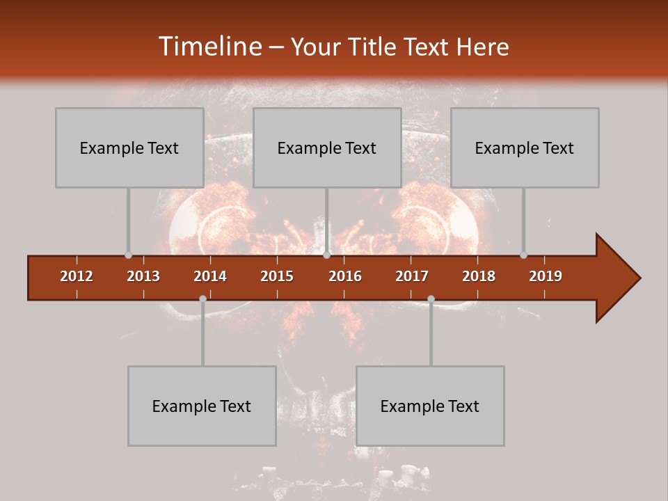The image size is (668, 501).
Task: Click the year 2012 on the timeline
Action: tap(77, 276)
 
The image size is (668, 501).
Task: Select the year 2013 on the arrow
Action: tap(143, 276)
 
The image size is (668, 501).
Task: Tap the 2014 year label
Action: tap(210, 276)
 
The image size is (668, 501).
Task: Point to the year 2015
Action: tap(277, 276)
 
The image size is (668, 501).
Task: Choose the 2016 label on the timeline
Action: tap(345, 276)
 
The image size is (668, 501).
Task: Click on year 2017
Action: tap(412, 276)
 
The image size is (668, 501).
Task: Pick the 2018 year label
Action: tap(479, 276)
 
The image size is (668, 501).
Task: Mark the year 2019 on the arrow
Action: tap(546, 276)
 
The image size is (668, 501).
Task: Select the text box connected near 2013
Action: tap(129, 148)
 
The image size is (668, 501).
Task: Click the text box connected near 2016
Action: tap(327, 148)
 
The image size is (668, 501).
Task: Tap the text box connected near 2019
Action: tap(525, 148)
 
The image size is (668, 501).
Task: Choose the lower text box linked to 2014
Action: tap(202, 406)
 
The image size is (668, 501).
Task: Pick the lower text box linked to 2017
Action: tap(430, 406)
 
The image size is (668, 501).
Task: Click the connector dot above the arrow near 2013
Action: tap(128, 255)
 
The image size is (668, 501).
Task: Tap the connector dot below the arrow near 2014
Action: tap(202, 299)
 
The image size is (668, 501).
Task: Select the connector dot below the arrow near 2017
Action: tap(431, 299)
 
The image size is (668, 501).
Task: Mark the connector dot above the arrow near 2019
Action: tap(523, 255)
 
